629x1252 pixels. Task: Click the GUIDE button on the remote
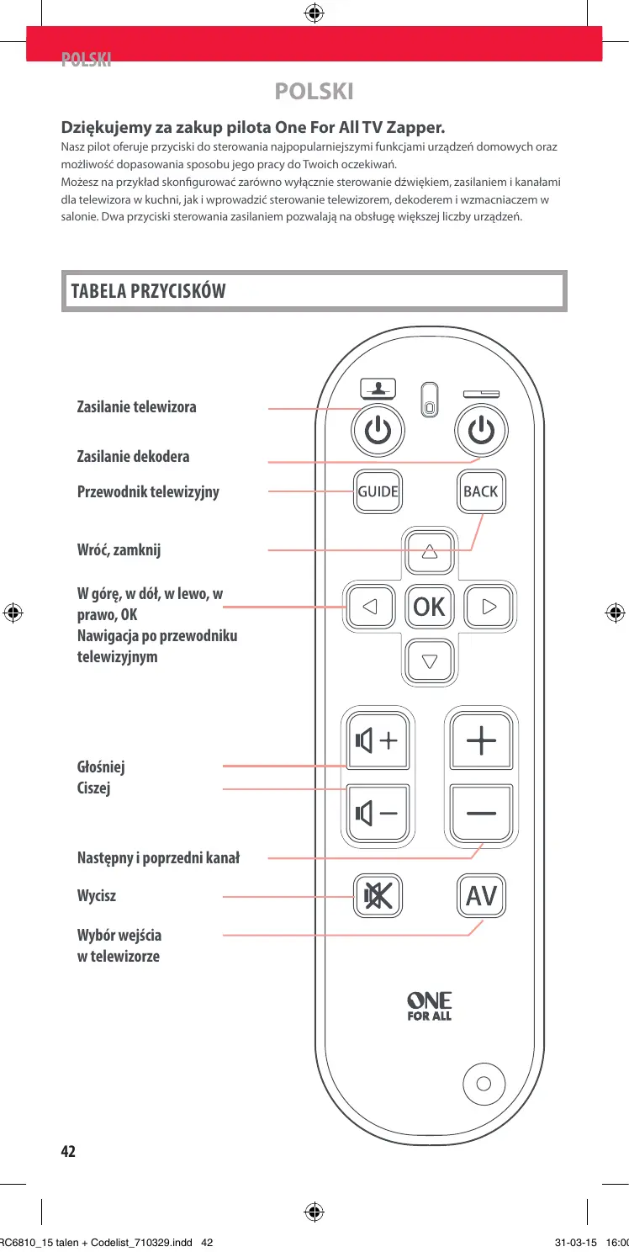click(377, 491)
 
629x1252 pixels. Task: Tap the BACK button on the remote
click(481, 491)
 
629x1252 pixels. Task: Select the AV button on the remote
click(482, 897)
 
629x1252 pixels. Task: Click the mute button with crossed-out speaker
click(377, 897)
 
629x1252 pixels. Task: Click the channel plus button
click(482, 741)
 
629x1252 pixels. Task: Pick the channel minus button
click(482, 813)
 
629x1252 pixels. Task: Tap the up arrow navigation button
click(430, 552)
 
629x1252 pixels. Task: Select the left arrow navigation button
click(369, 606)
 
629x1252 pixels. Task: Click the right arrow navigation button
click(490, 606)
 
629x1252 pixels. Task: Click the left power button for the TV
click(378, 432)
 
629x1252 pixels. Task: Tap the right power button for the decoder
click(480, 432)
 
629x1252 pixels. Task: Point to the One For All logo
click(430, 1005)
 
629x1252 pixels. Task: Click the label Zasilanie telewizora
click(137, 407)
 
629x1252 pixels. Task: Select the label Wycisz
click(97, 896)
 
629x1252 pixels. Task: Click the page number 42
click(68, 1151)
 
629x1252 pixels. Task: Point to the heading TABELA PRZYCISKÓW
click(149, 292)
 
